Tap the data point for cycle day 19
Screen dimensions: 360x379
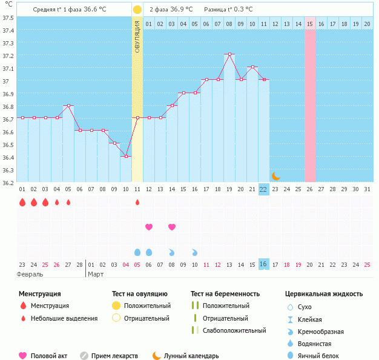tap(229, 54)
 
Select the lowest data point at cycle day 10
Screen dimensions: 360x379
tap(126, 156)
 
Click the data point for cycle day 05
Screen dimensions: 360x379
tap(68, 105)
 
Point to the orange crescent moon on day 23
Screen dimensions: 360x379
tap(275, 176)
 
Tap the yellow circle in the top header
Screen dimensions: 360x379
tap(137, 10)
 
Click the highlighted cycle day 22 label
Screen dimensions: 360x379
tap(263, 189)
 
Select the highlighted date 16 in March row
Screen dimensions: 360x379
tap(263, 264)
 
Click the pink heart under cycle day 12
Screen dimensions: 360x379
tap(149, 227)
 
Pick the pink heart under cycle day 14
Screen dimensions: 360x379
tap(172, 227)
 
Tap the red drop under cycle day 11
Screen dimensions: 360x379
tap(137, 202)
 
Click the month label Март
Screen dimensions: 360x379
tap(96, 274)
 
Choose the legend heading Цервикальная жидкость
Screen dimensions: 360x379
tap(324, 294)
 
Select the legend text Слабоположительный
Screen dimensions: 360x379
tap(234, 330)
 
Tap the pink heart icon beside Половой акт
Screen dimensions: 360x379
tap(23, 356)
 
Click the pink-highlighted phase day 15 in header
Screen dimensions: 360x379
tap(310, 24)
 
